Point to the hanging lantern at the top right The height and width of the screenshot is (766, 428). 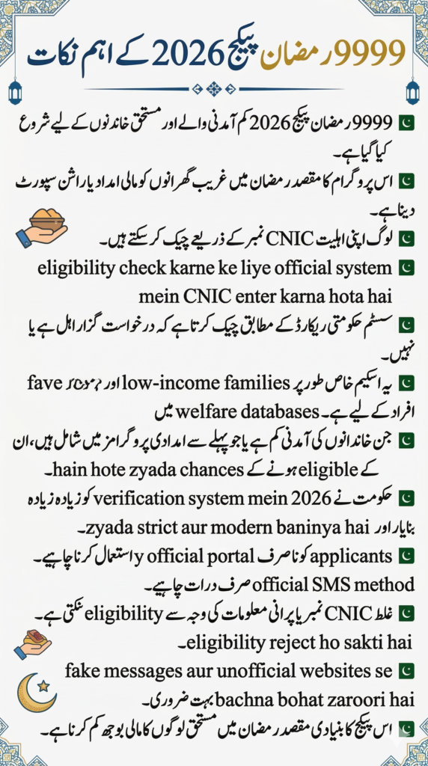[412, 91]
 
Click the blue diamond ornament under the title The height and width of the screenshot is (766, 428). [213, 88]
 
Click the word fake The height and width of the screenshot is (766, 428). [84, 671]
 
